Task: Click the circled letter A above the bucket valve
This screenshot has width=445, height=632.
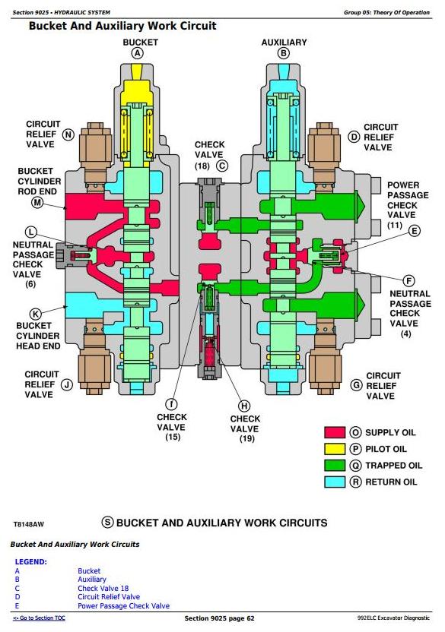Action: point(138,53)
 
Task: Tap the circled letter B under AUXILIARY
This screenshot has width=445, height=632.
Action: point(284,53)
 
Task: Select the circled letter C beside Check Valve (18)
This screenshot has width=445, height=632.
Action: point(221,166)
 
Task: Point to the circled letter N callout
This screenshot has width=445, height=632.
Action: point(68,134)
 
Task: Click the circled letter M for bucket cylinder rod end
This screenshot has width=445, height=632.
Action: point(37,202)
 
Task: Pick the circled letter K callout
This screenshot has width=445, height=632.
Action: point(36,314)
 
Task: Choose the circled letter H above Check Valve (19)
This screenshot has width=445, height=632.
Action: point(244,406)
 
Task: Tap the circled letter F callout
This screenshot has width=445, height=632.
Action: point(408,281)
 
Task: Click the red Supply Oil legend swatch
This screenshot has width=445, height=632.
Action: point(335,432)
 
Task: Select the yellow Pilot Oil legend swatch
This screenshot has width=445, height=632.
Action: point(335,449)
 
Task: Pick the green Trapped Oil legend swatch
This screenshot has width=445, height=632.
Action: point(335,466)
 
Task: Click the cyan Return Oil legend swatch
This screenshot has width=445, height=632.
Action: point(335,482)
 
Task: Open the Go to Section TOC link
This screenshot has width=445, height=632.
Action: point(39,618)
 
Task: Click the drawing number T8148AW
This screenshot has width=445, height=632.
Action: point(28,524)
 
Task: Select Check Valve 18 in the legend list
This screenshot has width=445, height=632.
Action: point(103,588)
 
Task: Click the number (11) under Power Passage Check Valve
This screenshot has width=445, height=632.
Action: point(395,225)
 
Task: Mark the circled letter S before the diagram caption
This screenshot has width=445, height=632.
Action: point(107,523)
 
